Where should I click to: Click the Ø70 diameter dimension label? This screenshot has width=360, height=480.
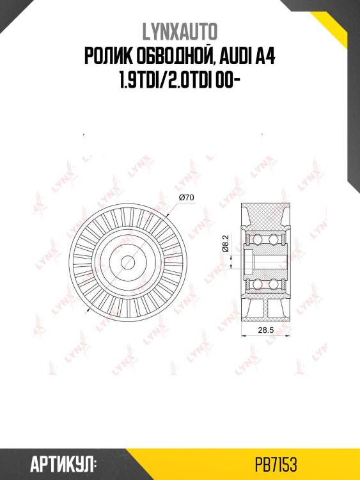(187, 198)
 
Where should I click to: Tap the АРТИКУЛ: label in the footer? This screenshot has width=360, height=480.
(62, 463)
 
